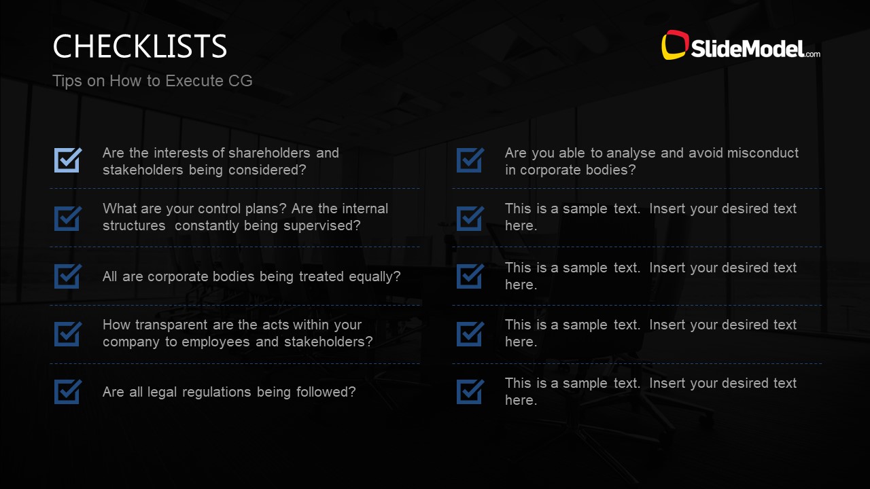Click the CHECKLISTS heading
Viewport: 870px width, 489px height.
point(139,46)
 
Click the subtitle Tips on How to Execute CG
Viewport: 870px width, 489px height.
point(152,81)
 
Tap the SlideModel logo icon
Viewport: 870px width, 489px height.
point(675,45)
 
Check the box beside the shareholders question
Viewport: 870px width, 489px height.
point(68,160)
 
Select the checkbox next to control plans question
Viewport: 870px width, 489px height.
point(68,217)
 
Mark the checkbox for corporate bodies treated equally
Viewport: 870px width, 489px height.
point(68,276)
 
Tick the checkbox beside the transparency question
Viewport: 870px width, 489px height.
point(68,333)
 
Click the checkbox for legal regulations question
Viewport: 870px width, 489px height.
point(68,391)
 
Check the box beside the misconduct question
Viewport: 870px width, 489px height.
point(470,160)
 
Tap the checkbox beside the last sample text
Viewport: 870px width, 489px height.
point(470,391)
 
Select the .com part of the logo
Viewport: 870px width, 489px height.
point(812,53)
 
